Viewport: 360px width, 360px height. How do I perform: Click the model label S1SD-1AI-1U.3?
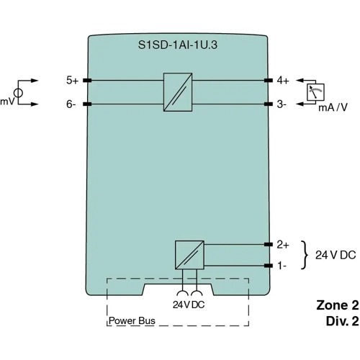[179, 45]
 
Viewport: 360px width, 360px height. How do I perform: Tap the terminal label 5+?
[72, 81]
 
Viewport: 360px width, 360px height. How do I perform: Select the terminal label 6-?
[71, 104]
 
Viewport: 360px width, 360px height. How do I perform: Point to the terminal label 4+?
[282, 81]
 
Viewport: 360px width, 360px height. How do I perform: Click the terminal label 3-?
[282, 104]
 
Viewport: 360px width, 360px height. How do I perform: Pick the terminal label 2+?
[282, 244]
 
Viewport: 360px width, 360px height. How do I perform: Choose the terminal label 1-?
[282, 266]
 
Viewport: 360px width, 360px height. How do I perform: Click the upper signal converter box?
[177, 92]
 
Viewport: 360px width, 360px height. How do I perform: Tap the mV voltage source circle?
[19, 93]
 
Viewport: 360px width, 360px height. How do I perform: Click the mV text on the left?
[7, 102]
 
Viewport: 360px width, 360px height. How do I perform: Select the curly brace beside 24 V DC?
[305, 255]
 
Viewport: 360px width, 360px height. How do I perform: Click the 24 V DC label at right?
[336, 256]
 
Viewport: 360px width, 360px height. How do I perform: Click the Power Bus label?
[132, 320]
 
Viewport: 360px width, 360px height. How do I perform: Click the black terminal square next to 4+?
[269, 81]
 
